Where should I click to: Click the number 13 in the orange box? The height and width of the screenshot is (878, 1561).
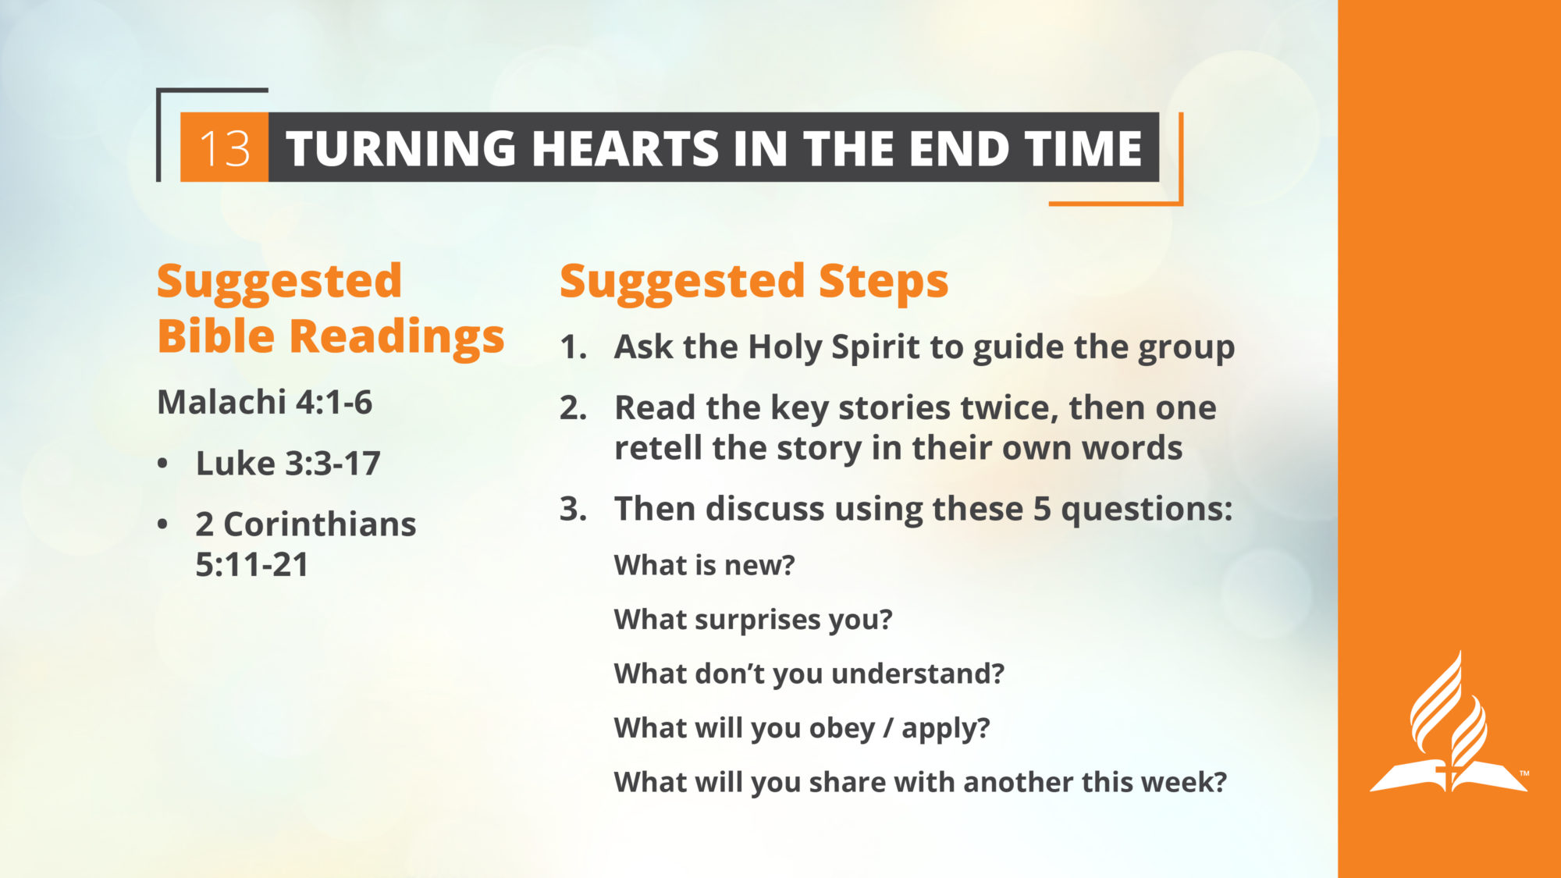point(225,148)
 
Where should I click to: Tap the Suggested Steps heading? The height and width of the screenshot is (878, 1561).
point(754,282)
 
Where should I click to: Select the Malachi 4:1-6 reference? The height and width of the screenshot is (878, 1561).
point(265,403)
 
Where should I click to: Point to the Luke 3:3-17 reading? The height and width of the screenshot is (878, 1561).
point(288,464)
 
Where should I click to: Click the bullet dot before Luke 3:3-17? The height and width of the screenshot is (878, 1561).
point(162,464)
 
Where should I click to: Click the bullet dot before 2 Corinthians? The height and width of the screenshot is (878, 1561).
point(162,524)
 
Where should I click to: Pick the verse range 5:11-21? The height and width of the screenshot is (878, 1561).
point(252,565)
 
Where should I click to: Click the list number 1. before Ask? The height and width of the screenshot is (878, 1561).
point(574,348)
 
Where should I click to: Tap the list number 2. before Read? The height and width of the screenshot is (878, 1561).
point(574,408)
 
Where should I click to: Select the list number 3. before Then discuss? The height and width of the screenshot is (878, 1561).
point(574,509)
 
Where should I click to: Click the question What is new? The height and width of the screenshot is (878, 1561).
point(704,565)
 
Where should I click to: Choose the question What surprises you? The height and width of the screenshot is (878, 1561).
point(753,620)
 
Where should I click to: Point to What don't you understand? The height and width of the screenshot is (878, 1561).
point(809,674)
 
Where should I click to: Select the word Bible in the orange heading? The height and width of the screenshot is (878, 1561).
point(216,336)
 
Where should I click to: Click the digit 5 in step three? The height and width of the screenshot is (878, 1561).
point(1042,509)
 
